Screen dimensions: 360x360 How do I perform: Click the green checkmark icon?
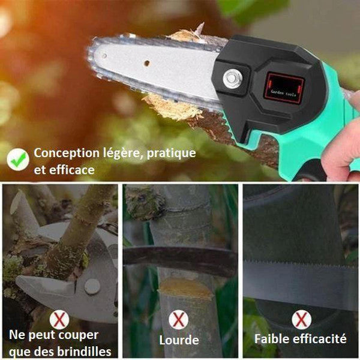tap(18, 159)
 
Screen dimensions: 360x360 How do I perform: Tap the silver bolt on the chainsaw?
tap(232, 79)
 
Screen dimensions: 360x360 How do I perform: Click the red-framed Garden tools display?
tap(284, 89)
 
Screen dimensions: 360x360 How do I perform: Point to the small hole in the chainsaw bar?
tap(146, 63)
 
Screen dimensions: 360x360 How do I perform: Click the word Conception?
tap(67, 154)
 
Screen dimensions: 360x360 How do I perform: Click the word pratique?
tap(171, 154)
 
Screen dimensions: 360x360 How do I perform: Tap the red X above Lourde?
tap(179, 319)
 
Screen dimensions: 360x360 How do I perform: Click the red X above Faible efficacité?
tap(302, 319)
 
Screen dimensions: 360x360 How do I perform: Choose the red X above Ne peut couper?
tap(59, 320)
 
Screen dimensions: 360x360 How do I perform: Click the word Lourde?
tap(179, 340)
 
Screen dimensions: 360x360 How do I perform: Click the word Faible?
tap(272, 339)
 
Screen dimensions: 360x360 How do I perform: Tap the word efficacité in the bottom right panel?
tap(320, 339)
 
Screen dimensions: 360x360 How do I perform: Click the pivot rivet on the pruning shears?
tap(92, 287)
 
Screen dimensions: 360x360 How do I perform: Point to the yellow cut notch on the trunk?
tap(185, 288)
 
